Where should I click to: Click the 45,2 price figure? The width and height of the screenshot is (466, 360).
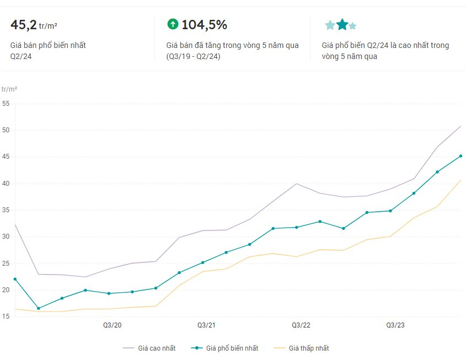click(x=24, y=25)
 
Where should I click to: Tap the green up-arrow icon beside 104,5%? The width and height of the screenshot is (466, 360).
click(x=173, y=24)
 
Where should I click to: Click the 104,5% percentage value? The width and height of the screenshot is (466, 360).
click(x=204, y=25)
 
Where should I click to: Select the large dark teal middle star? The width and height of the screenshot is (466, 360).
click(x=342, y=25)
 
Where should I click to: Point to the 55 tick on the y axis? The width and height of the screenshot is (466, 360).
click(x=6, y=104)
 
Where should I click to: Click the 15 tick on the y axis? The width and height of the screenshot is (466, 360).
click(x=6, y=316)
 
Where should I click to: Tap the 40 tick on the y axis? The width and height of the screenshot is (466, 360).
click(x=6, y=184)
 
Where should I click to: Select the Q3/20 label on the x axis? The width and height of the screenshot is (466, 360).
click(x=112, y=326)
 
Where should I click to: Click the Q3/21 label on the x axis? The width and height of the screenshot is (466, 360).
click(x=206, y=326)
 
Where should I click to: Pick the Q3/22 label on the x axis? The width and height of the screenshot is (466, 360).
click(x=301, y=326)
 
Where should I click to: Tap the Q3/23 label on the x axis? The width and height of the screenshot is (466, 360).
click(x=395, y=326)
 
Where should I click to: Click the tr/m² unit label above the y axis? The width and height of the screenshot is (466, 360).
click(x=9, y=89)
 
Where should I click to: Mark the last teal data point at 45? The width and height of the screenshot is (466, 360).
click(x=460, y=156)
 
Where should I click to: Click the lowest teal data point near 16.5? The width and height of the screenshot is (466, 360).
click(x=38, y=308)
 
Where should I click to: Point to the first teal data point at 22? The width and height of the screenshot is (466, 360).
click(x=15, y=279)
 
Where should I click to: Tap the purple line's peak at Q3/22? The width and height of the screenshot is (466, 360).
click(x=297, y=184)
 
